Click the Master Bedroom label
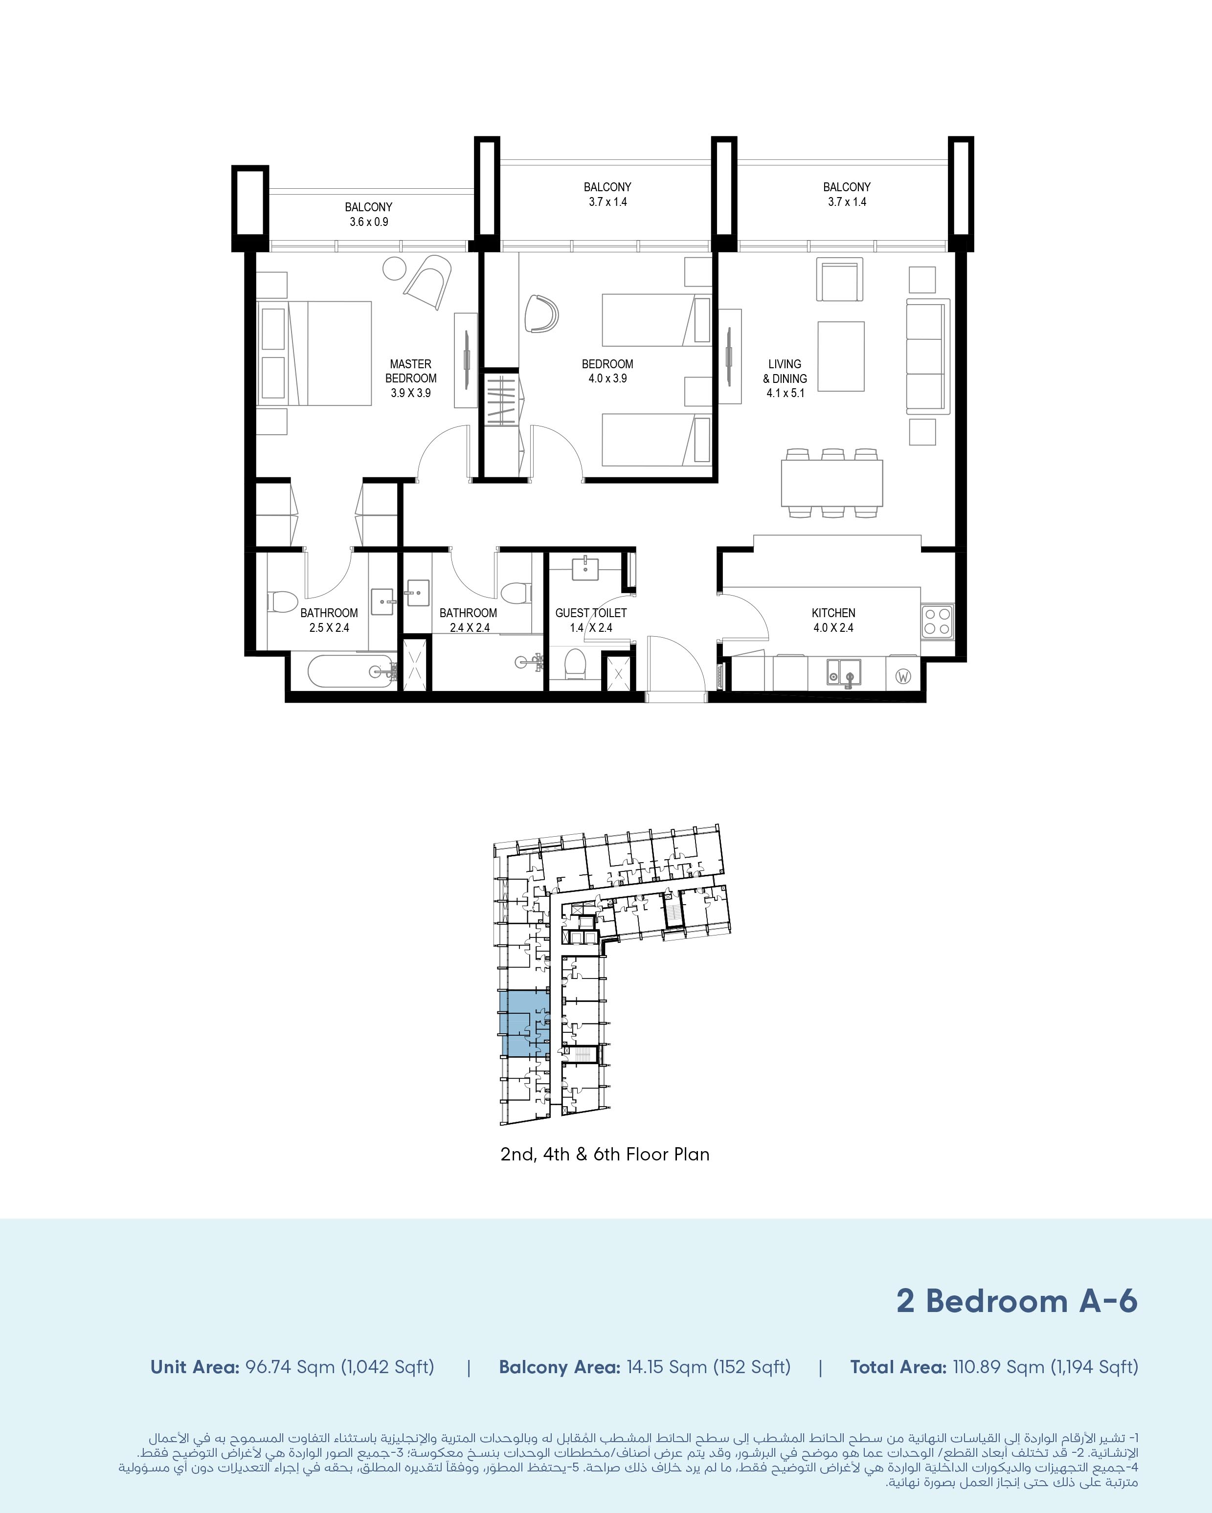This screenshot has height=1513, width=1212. (410, 371)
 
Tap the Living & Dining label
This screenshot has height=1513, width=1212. (785, 371)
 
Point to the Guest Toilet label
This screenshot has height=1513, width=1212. (591, 613)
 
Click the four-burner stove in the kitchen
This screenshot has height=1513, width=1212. (937, 621)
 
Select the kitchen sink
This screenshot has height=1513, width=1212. (844, 672)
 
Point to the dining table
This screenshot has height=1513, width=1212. (831, 483)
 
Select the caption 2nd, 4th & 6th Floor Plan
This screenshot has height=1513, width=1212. (605, 1155)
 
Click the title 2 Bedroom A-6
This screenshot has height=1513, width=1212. (1017, 1300)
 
